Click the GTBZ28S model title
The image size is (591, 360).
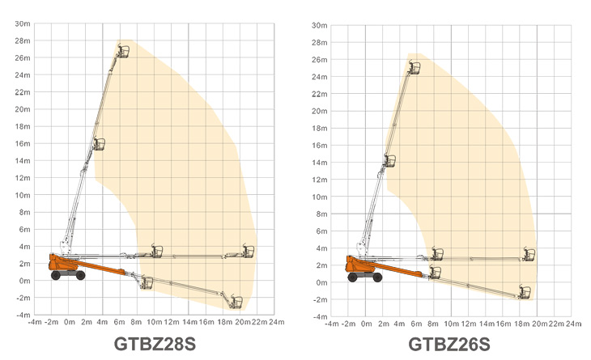coord(155,344)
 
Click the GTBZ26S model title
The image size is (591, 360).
coord(449,344)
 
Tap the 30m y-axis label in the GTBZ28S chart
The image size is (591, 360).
coord(23,23)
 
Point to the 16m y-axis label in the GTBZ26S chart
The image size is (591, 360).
coord(320,146)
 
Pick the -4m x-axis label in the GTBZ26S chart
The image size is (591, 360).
coord(332,324)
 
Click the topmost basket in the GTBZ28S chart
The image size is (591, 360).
coord(123,51)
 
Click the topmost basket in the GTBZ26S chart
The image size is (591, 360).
coord(415,68)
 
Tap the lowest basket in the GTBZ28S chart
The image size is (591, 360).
coord(236,302)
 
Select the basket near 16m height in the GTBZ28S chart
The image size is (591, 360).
coord(99,144)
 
